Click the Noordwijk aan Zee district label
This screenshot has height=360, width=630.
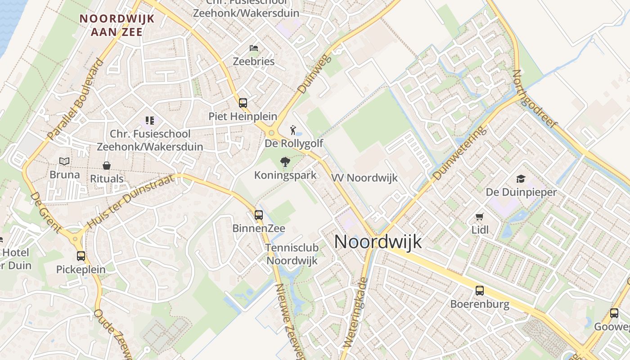coord(117,25)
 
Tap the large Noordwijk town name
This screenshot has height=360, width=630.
coord(378,242)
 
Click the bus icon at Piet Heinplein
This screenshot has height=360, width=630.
coord(243,103)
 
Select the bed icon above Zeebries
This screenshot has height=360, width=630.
coord(254,48)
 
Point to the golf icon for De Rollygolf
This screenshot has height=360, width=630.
coord(293,130)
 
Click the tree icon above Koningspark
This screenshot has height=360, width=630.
coord(285,162)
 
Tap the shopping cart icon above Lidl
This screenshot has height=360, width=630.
coord(480,217)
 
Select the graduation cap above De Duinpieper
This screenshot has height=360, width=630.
coord(521,179)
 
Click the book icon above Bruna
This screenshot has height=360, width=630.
coord(65,161)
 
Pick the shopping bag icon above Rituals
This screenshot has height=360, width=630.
coord(107,166)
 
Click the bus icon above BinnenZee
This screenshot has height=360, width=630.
coord(259,215)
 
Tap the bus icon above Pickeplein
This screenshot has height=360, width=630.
coord(81,256)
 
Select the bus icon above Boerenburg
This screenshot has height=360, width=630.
coord(480,291)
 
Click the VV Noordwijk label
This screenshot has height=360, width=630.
coord(364,178)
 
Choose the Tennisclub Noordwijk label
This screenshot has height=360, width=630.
coord(292,254)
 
